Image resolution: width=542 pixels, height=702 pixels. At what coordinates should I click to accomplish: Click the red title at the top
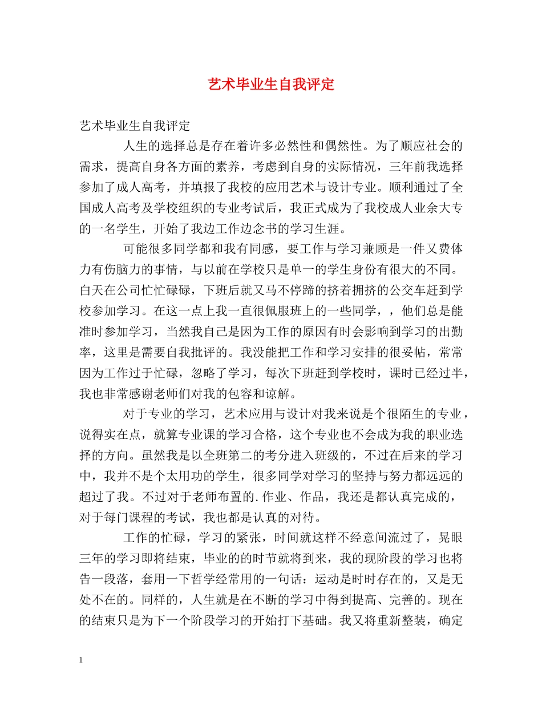[x=270, y=85]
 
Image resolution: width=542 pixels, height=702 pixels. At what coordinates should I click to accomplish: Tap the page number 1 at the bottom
[x=82, y=660]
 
